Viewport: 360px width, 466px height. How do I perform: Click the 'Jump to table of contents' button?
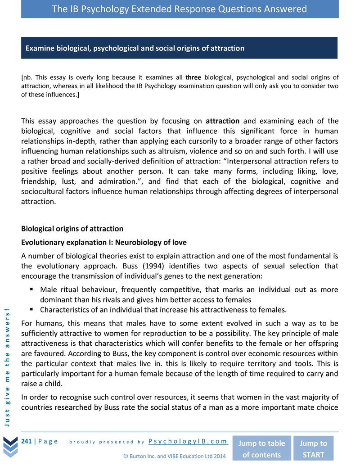coord(261,448)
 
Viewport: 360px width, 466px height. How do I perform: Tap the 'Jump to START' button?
coord(314,448)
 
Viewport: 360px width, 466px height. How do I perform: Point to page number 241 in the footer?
coord(26,441)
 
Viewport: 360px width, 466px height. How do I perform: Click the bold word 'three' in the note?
coord(193,77)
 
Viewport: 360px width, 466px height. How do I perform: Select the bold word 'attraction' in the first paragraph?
coord(223,121)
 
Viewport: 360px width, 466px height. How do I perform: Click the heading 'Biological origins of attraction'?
coord(72,229)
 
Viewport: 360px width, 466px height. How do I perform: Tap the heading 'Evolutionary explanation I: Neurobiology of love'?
coord(104,243)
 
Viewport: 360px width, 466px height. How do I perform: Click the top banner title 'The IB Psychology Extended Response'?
coord(180,9)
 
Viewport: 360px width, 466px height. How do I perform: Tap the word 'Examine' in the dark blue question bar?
coord(39,48)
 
